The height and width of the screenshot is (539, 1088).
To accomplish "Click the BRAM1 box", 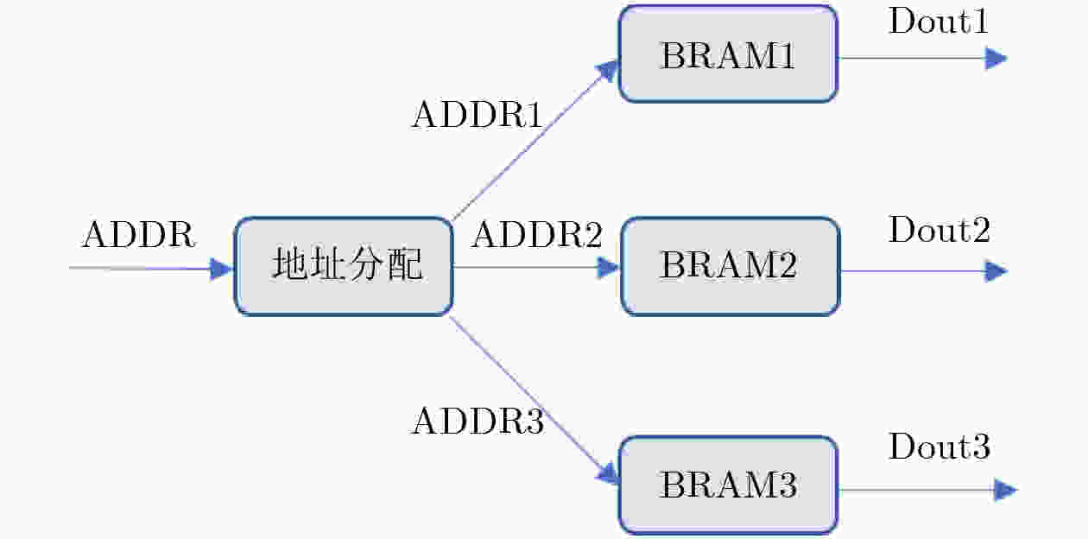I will click(x=728, y=54).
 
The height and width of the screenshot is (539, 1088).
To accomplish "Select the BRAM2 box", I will click(x=730, y=266).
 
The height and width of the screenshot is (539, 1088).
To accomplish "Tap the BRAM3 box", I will click(x=728, y=485).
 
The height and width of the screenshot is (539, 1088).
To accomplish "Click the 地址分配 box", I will click(x=344, y=266).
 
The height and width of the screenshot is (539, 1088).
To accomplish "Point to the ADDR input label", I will click(x=139, y=235).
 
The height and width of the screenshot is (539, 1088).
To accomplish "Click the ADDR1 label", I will click(x=478, y=115).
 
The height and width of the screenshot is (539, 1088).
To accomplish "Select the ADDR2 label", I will click(x=536, y=235).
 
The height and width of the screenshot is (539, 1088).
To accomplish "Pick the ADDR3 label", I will click(x=478, y=422).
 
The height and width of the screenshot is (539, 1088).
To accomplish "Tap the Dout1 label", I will click(x=939, y=22).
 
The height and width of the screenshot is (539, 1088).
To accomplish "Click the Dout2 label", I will click(x=939, y=231).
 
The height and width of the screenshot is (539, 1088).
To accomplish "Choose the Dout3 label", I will click(x=939, y=447).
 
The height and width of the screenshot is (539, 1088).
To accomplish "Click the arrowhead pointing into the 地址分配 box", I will click(x=222, y=269).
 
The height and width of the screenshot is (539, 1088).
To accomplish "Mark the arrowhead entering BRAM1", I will click(x=610, y=70).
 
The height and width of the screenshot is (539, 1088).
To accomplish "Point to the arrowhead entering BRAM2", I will click(x=610, y=267).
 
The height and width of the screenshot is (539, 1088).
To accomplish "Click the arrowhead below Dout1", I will click(x=996, y=59).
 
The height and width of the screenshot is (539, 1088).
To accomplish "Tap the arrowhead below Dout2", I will click(x=996, y=272).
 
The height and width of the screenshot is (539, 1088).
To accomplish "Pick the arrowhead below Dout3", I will click(x=1005, y=491).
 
